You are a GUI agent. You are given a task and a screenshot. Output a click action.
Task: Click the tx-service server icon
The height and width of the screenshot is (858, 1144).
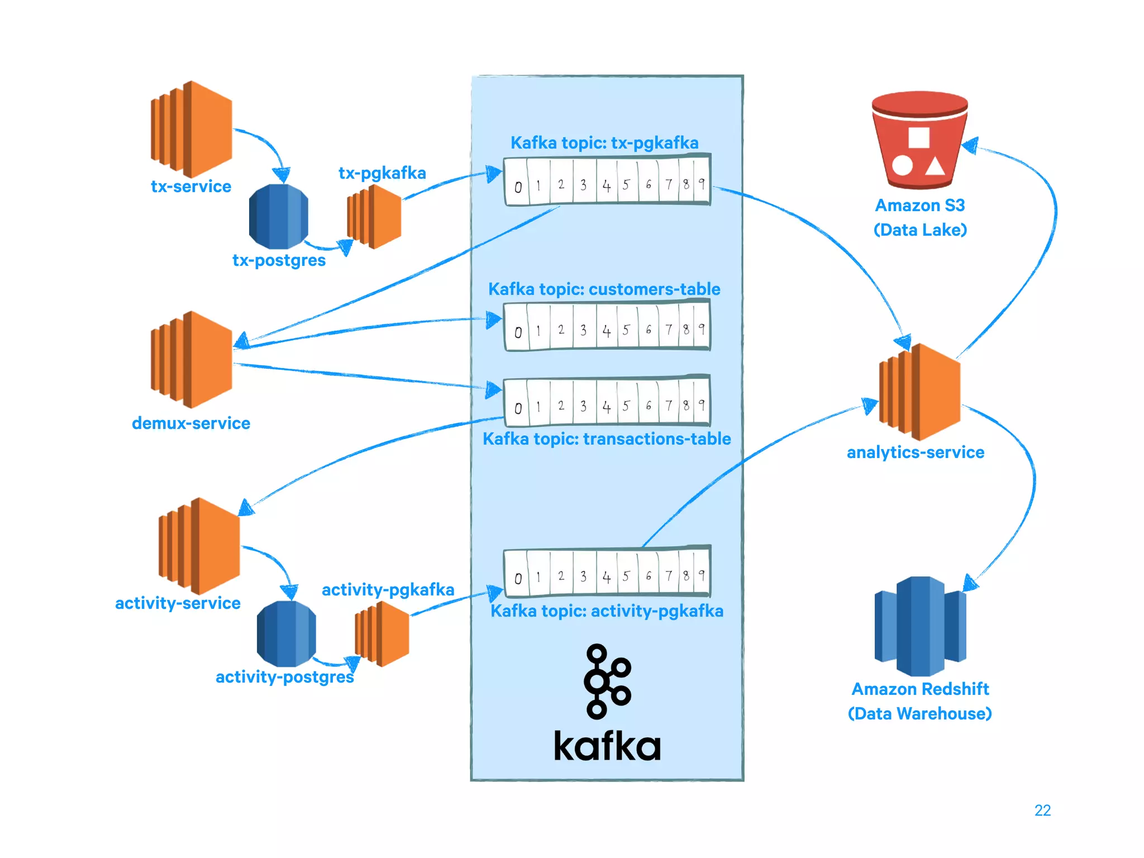point(191,129)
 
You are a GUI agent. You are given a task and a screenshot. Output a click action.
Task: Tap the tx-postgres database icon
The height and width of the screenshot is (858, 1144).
point(278,216)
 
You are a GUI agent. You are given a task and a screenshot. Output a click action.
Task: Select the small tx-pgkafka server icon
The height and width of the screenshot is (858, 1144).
point(374,216)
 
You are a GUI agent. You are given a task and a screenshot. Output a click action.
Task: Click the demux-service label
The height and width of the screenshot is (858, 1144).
point(191,423)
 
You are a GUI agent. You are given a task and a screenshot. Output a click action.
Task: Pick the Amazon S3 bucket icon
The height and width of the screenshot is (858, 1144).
point(919,141)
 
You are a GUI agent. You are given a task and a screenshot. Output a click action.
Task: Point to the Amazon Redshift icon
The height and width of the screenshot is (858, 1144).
point(920,626)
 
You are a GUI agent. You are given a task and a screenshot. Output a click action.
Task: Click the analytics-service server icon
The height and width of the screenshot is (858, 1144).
point(919,392)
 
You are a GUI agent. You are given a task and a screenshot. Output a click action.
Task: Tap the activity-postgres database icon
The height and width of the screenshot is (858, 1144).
point(286,633)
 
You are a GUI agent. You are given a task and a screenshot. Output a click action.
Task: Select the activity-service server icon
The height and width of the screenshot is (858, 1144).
point(199,546)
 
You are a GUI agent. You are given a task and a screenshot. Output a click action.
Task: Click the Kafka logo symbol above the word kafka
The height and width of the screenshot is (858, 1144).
point(607,681)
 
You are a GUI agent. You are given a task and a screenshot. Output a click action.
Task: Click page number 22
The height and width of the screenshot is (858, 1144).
point(1042,810)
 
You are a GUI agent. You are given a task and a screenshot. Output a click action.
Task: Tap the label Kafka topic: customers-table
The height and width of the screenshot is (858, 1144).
point(604,289)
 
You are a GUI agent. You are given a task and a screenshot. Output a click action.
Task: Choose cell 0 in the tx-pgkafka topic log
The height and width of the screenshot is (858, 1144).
point(518,187)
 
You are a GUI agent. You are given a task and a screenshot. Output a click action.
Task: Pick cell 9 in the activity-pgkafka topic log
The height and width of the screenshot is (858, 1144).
point(702,575)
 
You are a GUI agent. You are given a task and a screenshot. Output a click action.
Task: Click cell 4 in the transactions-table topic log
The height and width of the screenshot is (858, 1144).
point(607,407)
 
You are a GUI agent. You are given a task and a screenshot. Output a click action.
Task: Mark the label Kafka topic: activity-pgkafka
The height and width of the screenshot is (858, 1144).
point(607,611)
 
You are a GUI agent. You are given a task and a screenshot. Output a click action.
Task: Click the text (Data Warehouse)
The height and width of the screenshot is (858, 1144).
point(919,713)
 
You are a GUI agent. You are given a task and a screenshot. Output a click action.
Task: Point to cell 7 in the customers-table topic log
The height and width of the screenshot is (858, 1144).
point(668,330)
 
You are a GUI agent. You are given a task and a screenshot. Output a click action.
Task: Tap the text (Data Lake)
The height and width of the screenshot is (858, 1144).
point(920,230)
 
